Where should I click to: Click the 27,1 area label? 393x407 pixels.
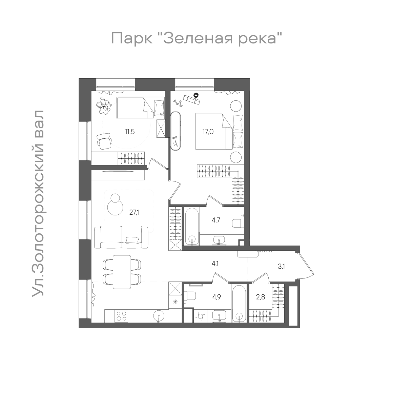click(x=134, y=213)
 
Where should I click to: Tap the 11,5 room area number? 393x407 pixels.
click(x=129, y=132)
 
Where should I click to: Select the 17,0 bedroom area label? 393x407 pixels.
click(x=208, y=132)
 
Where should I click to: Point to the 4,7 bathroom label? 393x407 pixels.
click(x=216, y=220)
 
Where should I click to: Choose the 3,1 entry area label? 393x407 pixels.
click(x=281, y=266)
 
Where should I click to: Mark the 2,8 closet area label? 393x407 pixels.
click(x=261, y=297)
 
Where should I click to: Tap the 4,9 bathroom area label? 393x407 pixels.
click(x=216, y=297)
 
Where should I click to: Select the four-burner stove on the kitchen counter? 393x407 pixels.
click(x=122, y=316)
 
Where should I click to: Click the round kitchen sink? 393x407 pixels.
click(x=159, y=316)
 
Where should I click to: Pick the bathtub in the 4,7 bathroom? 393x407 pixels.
click(x=192, y=226)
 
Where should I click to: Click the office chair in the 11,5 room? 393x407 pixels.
click(x=104, y=141)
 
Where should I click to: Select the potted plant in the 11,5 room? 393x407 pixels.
click(x=104, y=105)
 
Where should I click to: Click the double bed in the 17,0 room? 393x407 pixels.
click(x=219, y=132)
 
